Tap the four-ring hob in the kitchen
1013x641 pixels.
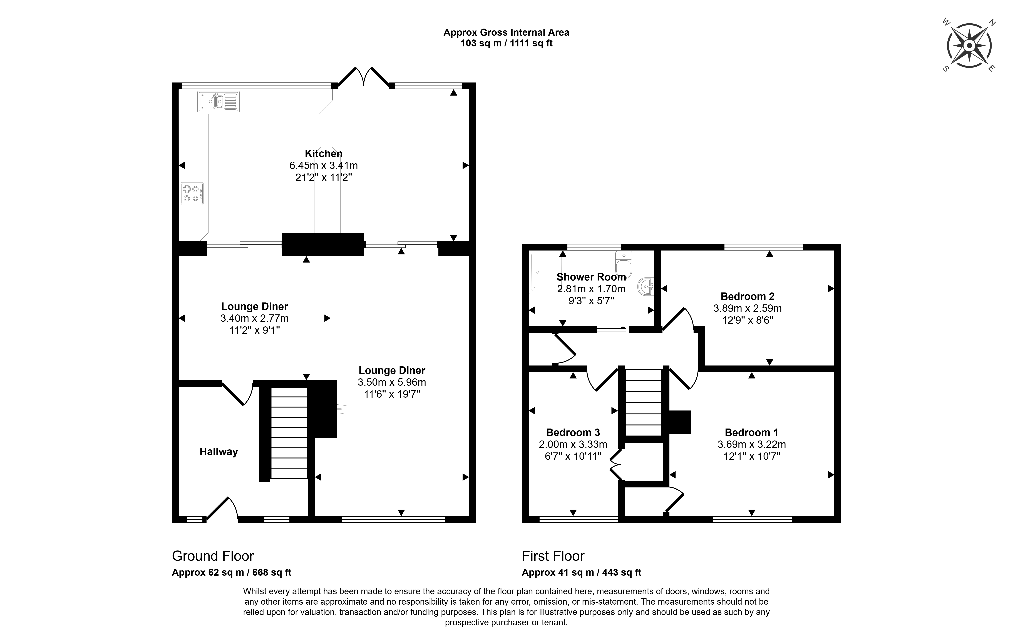tap(192, 193)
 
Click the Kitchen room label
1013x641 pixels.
tap(324, 153)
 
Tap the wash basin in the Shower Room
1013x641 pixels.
tap(646, 287)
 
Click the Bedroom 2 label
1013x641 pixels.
tap(747, 296)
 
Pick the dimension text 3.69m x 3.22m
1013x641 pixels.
tap(751, 444)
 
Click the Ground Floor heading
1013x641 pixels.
tap(213, 556)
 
